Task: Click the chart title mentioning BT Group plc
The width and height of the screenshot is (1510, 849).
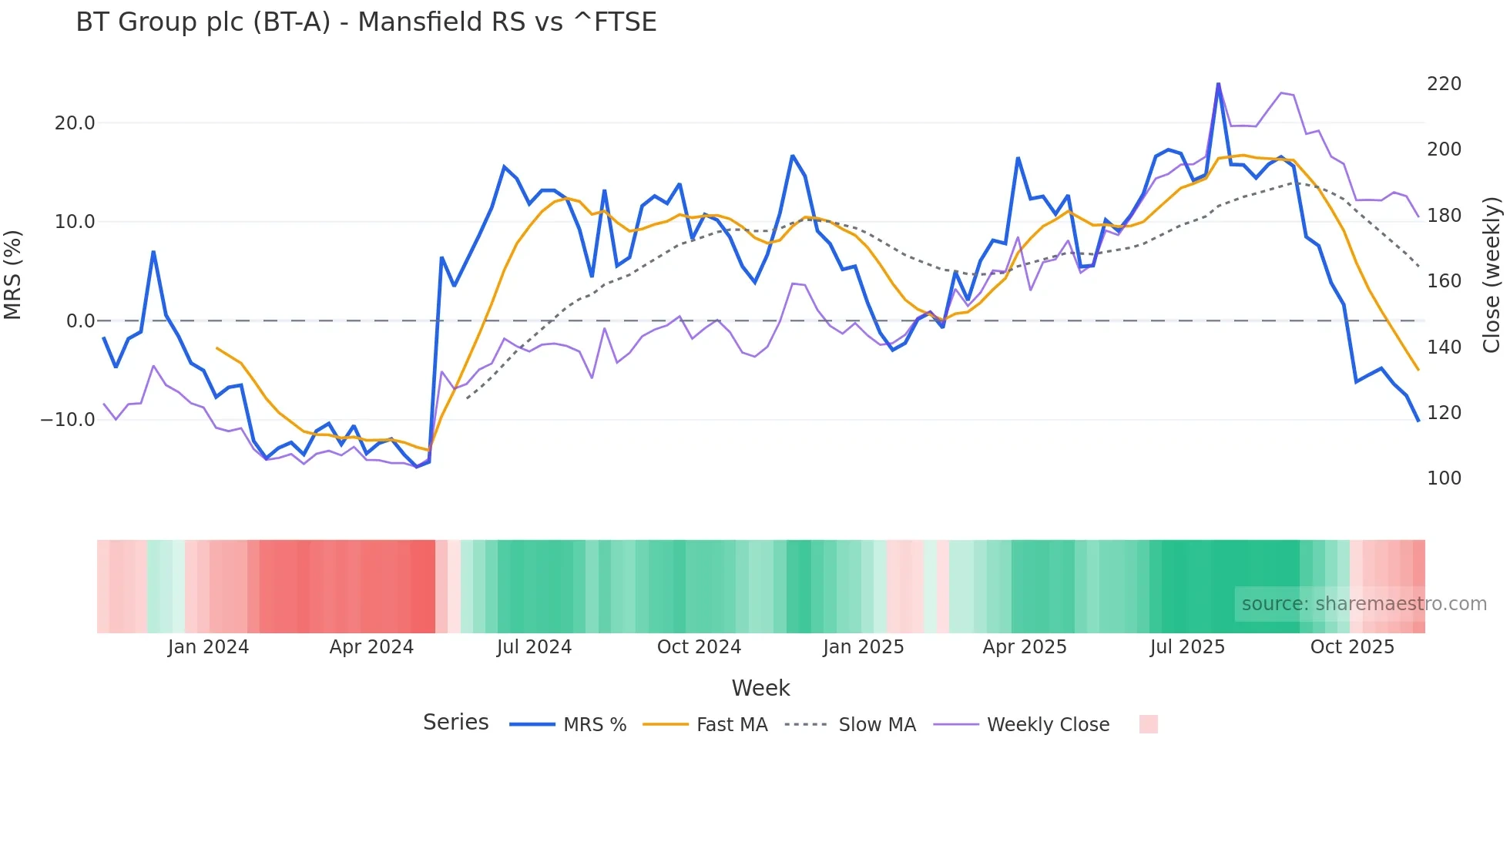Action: [366, 22]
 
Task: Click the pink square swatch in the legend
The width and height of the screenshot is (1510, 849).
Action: [1148, 724]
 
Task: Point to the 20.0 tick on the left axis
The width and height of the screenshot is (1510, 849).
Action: [75, 123]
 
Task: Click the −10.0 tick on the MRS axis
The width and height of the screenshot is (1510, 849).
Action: [68, 420]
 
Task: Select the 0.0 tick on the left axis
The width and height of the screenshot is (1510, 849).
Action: [80, 321]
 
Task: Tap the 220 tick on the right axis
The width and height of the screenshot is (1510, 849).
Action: [1444, 84]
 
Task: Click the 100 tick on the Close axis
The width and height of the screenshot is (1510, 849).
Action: [1444, 478]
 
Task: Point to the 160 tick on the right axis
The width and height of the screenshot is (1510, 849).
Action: [1444, 281]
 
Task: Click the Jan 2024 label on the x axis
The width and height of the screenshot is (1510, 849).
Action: [208, 647]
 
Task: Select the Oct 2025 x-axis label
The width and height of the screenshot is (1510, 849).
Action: [1352, 647]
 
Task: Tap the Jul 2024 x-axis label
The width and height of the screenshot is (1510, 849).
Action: [534, 647]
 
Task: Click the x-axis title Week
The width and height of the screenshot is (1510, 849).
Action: [760, 688]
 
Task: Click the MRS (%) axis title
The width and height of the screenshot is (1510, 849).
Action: [13, 274]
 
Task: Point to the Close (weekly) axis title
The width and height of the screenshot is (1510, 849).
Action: [1492, 274]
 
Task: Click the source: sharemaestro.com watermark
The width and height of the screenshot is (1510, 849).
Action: [1364, 604]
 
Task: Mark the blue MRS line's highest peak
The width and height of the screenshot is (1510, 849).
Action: [1218, 84]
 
